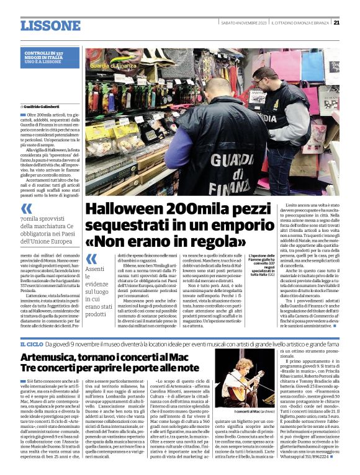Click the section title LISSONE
coord(50,25)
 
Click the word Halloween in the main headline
coord(122,209)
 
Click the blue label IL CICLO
coord(32,343)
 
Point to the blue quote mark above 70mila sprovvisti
coord(26,208)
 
